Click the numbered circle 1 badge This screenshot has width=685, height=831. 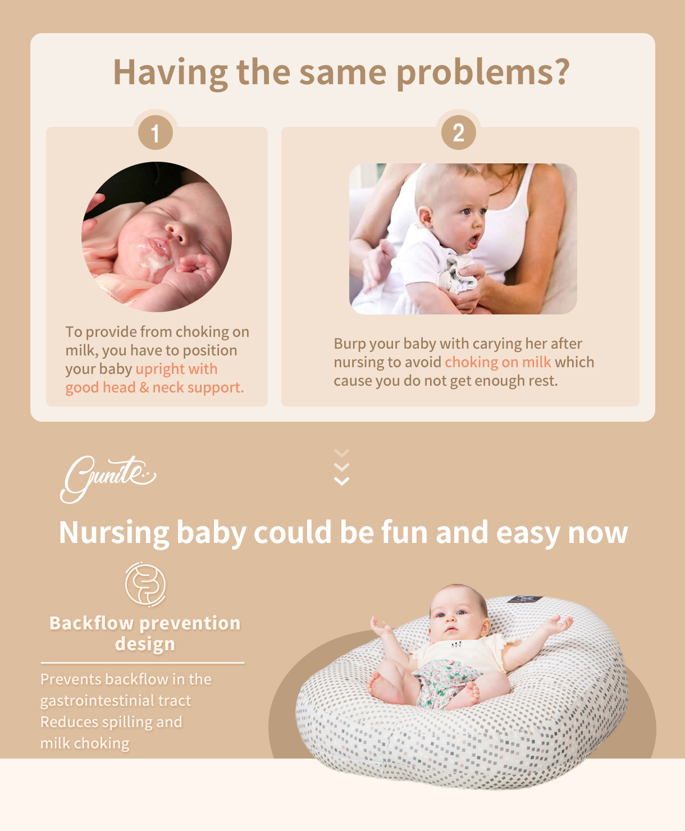[155, 133]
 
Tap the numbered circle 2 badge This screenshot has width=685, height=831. [459, 133]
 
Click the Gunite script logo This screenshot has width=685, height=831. [108, 478]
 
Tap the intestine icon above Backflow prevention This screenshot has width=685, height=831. [145, 585]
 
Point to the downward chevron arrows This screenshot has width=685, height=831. [341, 467]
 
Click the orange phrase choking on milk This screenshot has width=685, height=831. [498, 362]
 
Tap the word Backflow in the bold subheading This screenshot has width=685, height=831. [91, 623]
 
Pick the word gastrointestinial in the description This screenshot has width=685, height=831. [116, 701]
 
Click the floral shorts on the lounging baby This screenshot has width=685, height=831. [448, 681]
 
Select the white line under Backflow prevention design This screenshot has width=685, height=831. [143, 663]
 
